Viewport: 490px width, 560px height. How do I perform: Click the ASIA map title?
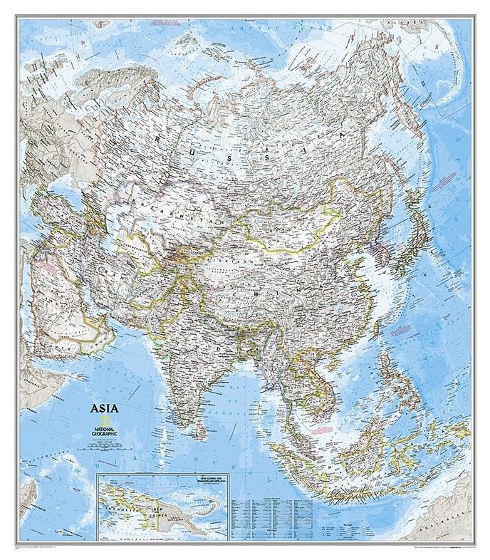point(100,409)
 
